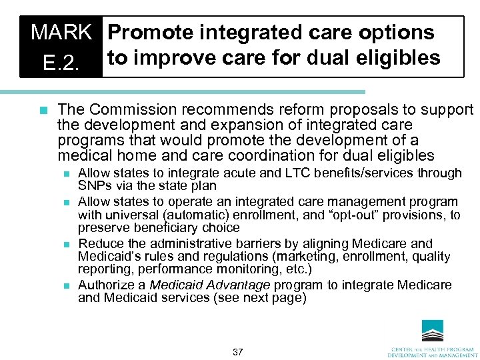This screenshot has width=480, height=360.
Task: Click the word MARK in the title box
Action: [x=61, y=32]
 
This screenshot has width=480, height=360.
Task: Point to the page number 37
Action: [x=238, y=352]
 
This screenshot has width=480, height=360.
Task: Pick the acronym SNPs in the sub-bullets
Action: [x=93, y=186]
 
